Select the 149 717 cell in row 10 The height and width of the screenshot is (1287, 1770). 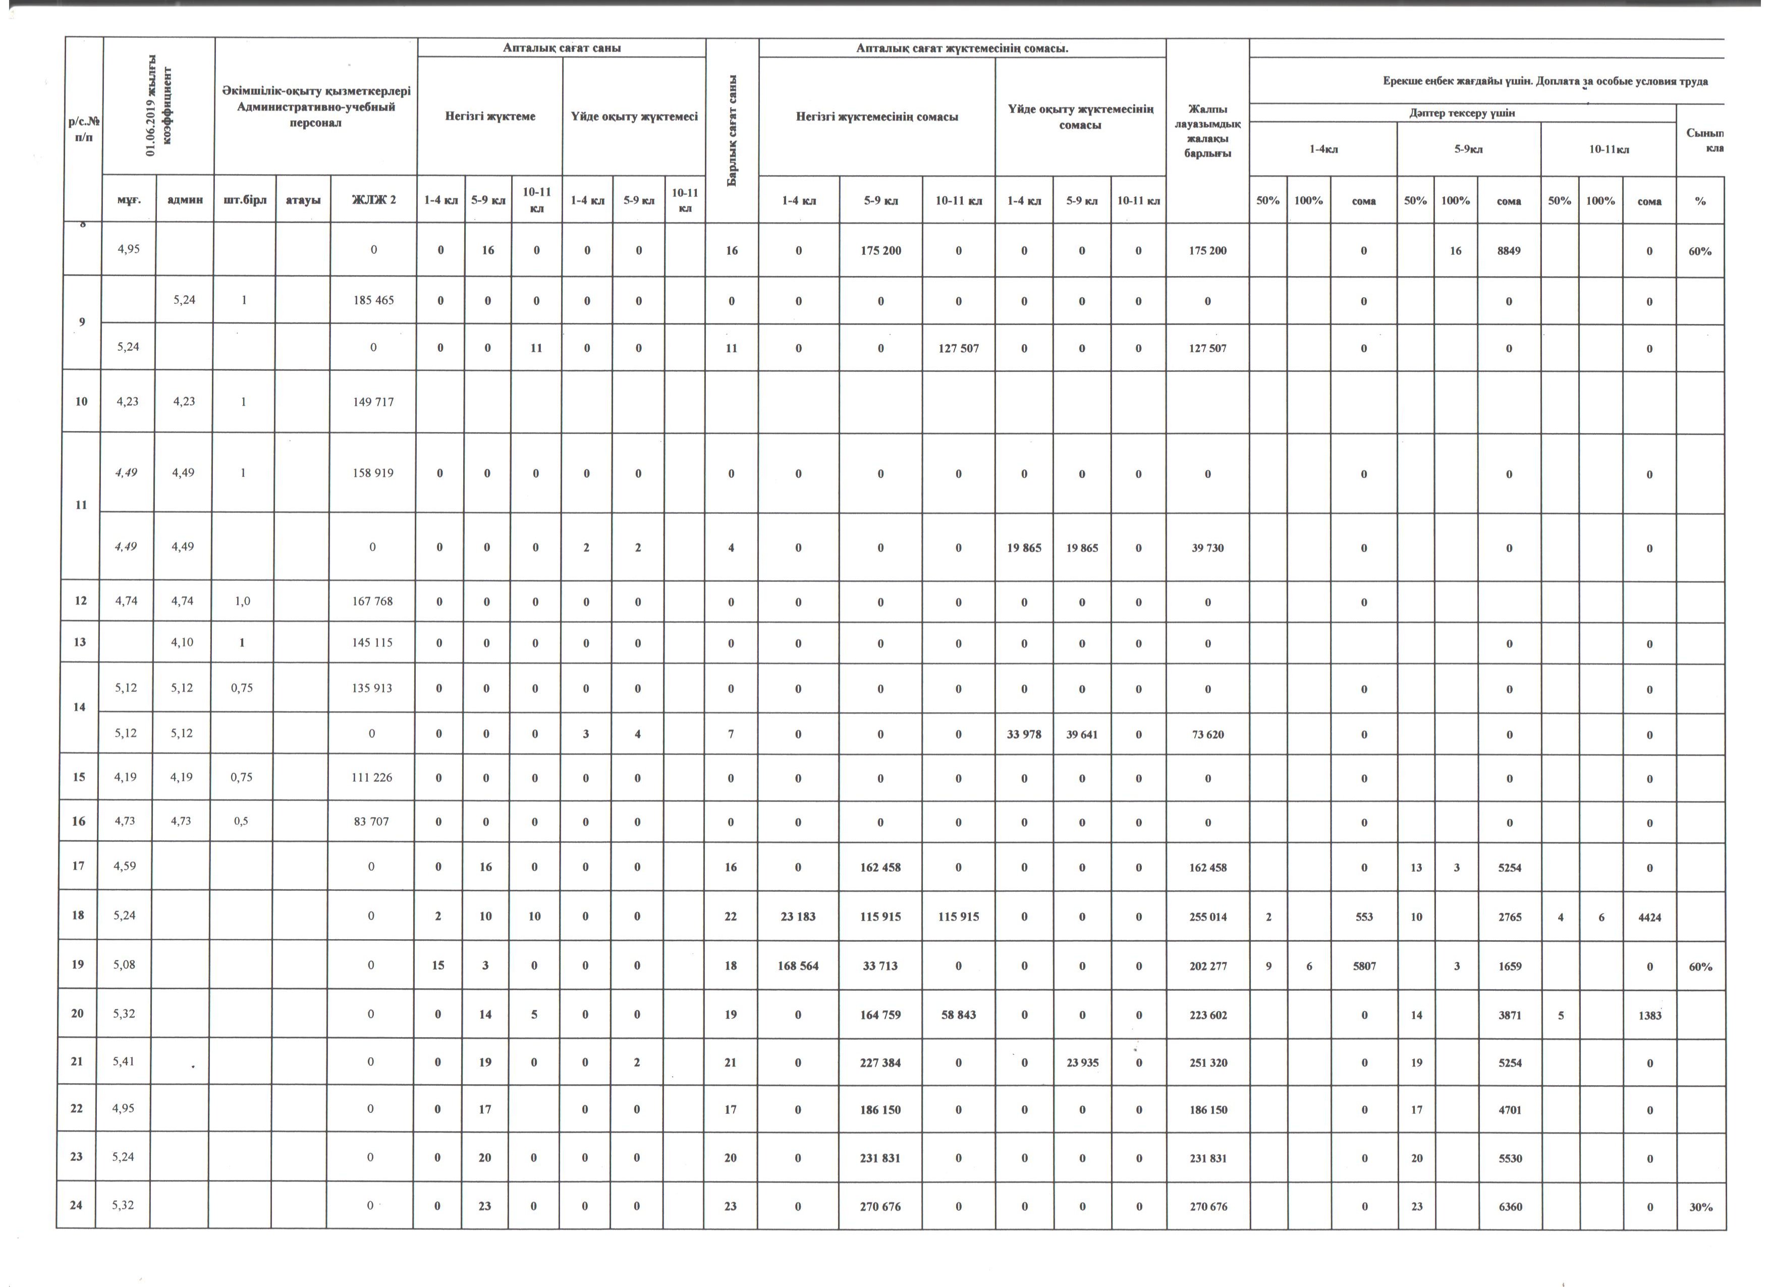(373, 402)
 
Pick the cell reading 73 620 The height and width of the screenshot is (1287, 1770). (1207, 734)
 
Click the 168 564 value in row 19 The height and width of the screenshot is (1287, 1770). (798, 966)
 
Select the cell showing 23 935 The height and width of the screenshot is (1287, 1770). (1082, 1063)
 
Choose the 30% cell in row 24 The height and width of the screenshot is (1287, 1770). (1700, 1207)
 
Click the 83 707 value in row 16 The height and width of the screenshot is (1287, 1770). (371, 821)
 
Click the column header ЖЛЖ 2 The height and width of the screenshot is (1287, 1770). (374, 200)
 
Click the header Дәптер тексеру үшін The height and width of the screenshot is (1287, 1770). (1462, 113)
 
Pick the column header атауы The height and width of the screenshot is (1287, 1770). (303, 200)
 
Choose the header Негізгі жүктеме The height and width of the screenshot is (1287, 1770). (490, 116)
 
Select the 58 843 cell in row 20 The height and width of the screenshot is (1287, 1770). (958, 1014)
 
